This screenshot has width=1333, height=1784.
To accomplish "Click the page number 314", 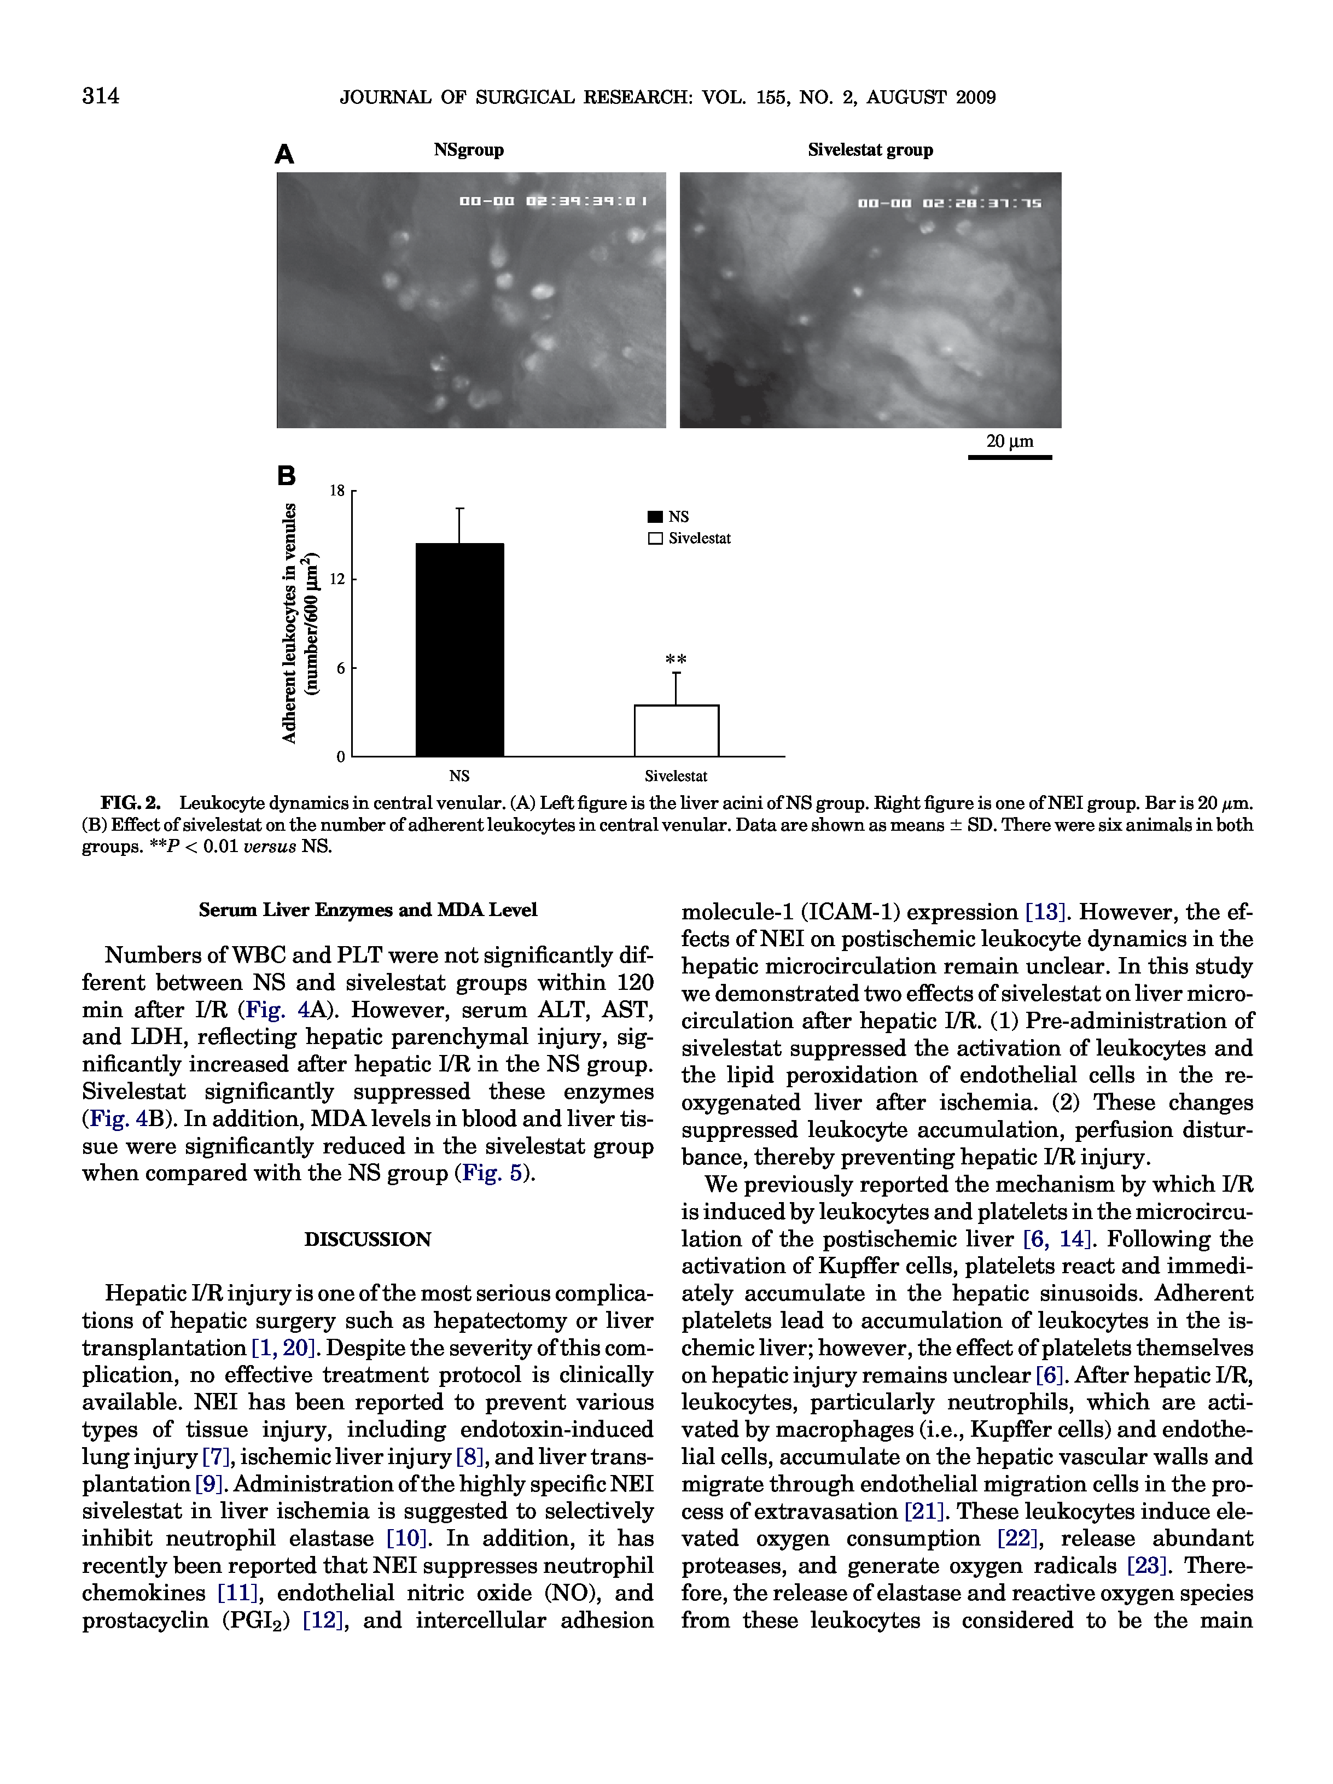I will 101,97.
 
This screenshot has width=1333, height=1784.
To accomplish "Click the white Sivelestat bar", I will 676,731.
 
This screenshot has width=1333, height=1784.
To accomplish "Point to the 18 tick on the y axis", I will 337,491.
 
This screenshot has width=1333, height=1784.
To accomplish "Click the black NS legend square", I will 655,517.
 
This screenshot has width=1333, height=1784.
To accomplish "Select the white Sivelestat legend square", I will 655,539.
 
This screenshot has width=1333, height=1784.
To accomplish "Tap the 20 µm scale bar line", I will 1010,457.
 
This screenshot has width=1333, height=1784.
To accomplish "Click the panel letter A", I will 284,154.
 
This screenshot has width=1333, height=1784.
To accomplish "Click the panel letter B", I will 286,476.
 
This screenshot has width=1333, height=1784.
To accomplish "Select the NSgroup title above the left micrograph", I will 469,150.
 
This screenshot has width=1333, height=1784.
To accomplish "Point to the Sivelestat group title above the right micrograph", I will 870,150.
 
